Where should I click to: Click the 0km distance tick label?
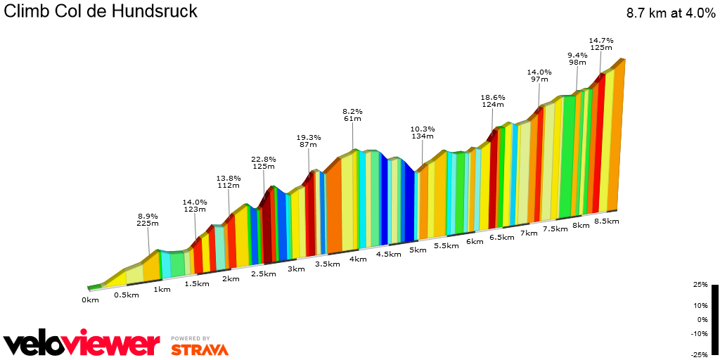click(89, 300)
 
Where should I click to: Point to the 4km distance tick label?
click(357, 259)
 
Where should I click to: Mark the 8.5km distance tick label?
click(606, 221)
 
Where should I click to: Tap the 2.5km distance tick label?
click(263, 274)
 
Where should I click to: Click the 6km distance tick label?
click(475, 241)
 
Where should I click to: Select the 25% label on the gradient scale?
click(700, 285)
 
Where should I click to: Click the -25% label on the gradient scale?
click(699, 354)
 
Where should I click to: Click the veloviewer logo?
click(82, 344)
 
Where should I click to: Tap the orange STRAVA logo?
click(200, 349)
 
